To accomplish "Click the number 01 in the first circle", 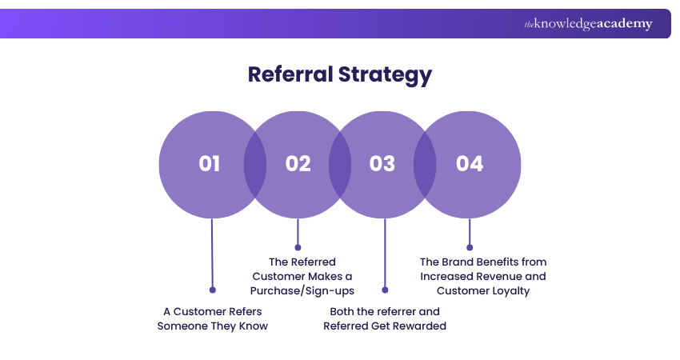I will click(210, 163).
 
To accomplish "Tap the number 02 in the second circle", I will click(298, 163).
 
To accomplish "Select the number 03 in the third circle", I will click(382, 163).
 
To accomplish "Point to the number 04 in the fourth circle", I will click(470, 163).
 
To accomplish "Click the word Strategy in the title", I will click(387, 74).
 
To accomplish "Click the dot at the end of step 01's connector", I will click(212, 290).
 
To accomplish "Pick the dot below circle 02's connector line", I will click(298, 246).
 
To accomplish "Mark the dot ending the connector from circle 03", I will click(385, 290).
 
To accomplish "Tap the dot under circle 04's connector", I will click(470, 247).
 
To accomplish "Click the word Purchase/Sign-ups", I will click(302, 290).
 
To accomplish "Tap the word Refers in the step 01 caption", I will click(245, 311).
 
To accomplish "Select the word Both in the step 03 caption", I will click(343, 311).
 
